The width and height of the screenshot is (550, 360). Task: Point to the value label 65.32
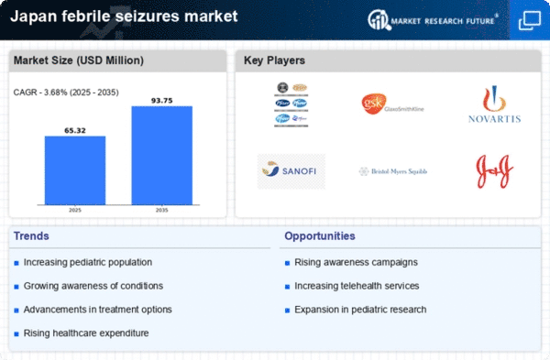pos(75,130)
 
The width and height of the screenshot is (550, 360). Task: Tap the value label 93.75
pos(161,100)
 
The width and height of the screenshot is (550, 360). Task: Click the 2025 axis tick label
pos(75,209)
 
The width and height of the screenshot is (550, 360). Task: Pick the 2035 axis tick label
pos(161,209)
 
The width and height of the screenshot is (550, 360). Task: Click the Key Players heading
pos(275,61)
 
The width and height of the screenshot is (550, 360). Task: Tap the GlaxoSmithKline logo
pos(391,104)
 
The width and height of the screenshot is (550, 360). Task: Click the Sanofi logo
pos(291,170)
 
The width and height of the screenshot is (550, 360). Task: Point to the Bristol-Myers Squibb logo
pos(391,171)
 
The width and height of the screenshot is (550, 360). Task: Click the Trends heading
pos(32,236)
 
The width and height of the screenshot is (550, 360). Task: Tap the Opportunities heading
pos(319,236)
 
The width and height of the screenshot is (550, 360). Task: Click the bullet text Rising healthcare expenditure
pos(87,333)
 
